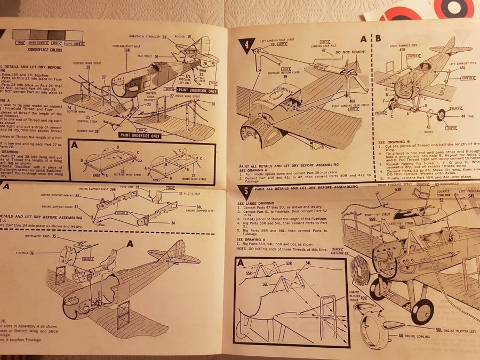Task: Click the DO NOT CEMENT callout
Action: point(333,53)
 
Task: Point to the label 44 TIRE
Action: point(457,115)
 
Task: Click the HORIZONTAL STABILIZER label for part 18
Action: point(147,37)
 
